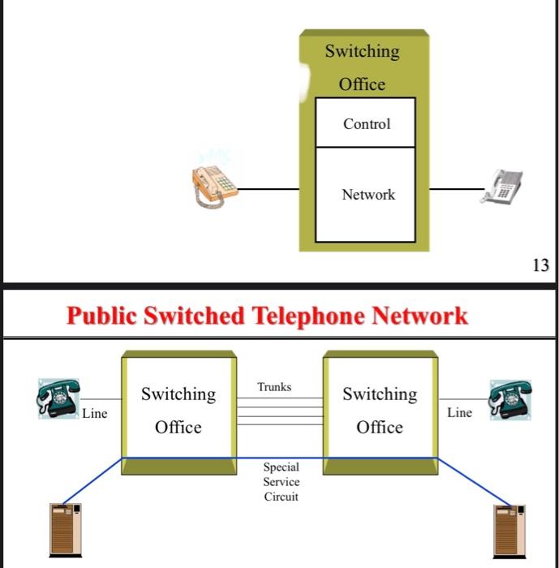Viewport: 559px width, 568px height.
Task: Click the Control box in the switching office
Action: point(365,123)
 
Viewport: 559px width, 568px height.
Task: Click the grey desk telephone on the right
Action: point(502,187)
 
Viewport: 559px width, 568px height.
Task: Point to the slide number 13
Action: point(540,265)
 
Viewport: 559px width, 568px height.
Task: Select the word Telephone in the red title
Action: point(308,316)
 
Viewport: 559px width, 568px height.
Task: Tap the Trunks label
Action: point(274,387)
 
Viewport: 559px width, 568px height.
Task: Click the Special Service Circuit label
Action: point(281,482)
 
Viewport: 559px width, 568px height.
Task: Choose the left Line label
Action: point(94,414)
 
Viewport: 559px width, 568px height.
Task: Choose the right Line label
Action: point(459,413)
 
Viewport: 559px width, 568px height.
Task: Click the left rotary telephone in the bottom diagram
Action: point(58,398)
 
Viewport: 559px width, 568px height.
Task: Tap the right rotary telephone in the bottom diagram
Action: point(509,398)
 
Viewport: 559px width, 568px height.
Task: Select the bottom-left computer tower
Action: point(66,529)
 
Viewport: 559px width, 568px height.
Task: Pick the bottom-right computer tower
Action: point(510,529)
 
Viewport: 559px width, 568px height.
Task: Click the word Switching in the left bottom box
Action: point(178,394)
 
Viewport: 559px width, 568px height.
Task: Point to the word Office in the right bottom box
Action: point(380,428)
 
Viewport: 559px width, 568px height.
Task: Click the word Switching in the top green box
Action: point(362,51)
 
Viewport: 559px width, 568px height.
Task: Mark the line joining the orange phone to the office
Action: point(268,189)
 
